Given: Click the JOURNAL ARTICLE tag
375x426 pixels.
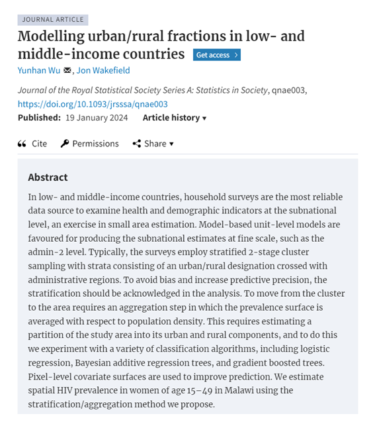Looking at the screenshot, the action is pos(53,20).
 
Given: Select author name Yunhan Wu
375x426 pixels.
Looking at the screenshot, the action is pos(39,70).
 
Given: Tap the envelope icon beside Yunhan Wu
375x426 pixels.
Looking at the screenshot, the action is pos(67,70).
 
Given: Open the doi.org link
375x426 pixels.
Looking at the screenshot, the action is pos(93,104).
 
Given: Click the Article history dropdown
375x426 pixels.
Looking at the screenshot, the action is pos(175,117).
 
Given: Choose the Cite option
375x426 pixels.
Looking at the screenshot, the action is pos(39,143).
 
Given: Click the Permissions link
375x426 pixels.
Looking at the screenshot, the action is pos(95,143).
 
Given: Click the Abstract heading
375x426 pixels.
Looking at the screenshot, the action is pos(48,178).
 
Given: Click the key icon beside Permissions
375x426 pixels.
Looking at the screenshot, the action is pos(65,143).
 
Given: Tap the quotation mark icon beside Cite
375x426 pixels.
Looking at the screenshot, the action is pos(22,143).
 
